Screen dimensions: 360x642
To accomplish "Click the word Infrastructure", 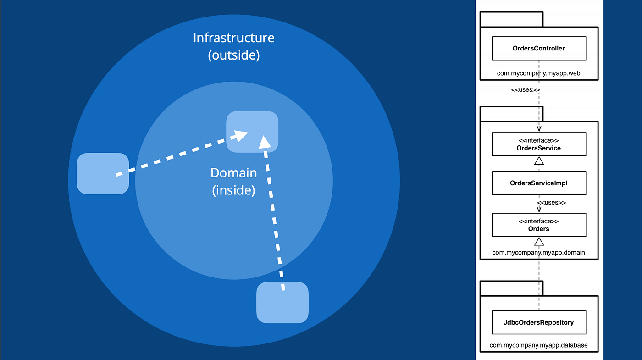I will coord(233,38).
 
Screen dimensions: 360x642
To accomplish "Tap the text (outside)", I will coord(233,55).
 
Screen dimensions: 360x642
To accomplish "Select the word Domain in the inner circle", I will coord(233,173).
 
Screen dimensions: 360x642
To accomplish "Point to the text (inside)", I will coord(233,190).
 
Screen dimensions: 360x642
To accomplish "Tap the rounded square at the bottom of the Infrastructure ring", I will coord(282,302).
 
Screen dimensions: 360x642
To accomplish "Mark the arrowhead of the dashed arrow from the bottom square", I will coord(265,142).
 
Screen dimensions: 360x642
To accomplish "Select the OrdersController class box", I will coord(539,49).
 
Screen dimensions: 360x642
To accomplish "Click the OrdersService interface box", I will coord(539,144).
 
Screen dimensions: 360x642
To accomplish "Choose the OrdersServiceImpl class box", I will coord(539,183).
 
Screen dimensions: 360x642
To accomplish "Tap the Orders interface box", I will coord(539,225).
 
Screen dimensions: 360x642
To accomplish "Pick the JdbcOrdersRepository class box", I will coord(539,322).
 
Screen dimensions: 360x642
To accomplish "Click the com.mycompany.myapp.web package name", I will coord(539,73).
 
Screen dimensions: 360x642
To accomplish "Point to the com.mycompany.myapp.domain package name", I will coord(539,252).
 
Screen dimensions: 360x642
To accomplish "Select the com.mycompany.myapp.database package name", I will coord(539,345).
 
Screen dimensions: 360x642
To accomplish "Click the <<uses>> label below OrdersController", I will coord(525,90).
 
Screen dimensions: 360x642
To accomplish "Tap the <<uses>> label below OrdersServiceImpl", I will coord(551,202).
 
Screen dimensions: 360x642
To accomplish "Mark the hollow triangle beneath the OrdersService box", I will coord(539,161).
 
